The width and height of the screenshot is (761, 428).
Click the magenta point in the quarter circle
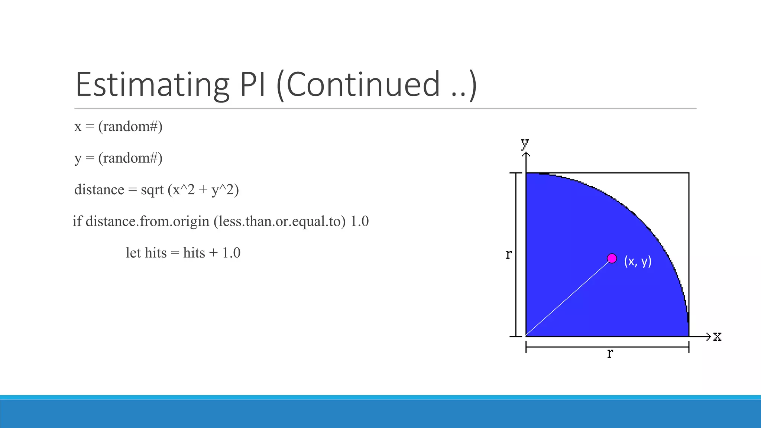coord(612,258)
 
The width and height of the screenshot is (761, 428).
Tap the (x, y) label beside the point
coord(638,261)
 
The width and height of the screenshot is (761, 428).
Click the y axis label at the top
coord(525,143)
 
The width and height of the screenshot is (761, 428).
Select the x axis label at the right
coord(717,337)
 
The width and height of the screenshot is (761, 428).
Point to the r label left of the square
coord(509,254)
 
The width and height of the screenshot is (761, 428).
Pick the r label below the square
coord(610,353)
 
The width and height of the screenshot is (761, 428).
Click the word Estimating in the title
coord(152,85)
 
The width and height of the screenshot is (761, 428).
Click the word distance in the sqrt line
coord(99,190)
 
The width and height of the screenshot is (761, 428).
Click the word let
coord(133,253)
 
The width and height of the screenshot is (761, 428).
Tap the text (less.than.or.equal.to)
coord(279,222)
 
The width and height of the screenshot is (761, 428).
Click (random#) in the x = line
coord(130,127)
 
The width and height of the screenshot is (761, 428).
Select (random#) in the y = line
coord(130,158)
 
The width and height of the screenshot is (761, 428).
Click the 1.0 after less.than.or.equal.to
coord(359,221)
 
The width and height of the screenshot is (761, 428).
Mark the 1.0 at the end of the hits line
coord(231,253)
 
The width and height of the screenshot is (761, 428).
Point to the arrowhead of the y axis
coord(526,154)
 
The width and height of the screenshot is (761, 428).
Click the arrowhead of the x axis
coord(708,337)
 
